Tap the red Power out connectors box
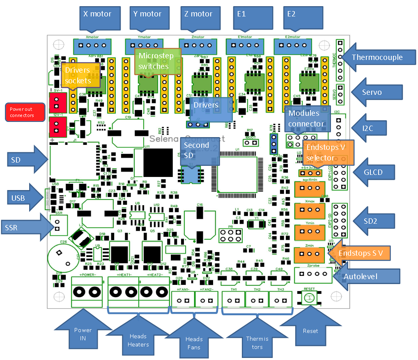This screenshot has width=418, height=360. coord(25,112)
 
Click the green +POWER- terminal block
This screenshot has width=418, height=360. coord(87,292)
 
